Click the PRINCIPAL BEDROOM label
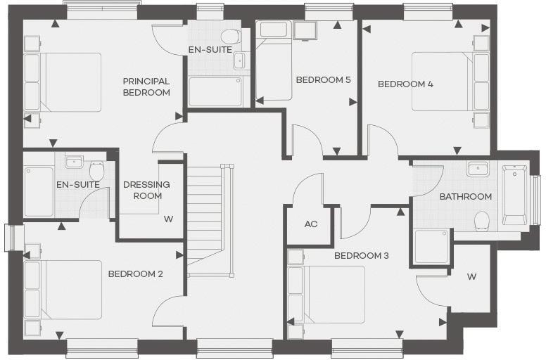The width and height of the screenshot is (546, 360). pyautogui.click(x=146, y=86)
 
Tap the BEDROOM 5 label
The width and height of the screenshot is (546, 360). pyautogui.click(x=323, y=79)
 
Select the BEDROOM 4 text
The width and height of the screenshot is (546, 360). pyautogui.click(x=405, y=84)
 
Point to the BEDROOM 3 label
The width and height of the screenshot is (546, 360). pyautogui.click(x=361, y=255)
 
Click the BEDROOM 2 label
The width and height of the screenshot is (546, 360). pyautogui.click(x=135, y=274)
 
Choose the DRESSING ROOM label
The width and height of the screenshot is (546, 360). pyautogui.click(x=146, y=190)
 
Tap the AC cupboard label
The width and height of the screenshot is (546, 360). pyautogui.click(x=311, y=224)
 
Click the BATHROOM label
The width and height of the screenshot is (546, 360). pyautogui.click(x=465, y=196)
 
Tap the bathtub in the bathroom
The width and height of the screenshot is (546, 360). pyautogui.click(x=514, y=195)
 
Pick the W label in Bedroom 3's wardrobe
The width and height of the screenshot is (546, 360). pyautogui.click(x=471, y=276)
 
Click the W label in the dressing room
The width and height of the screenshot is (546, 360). pyautogui.click(x=168, y=218)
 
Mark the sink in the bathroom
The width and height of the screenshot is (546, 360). pyautogui.click(x=478, y=170)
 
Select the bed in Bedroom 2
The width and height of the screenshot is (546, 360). pyautogui.click(x=65, y=290)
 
